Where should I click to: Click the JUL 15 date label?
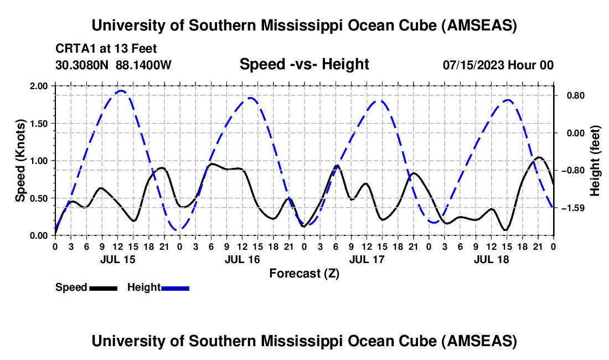[117, 259]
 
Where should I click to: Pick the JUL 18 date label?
[491, 259]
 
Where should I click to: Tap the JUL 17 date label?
[366, 259]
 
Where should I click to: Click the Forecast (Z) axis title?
[304, 273]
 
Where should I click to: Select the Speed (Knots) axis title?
[20, 160]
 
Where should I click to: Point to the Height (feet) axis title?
[595, 160]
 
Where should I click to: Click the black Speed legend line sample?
[102, 287]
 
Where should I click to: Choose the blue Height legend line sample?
[175, 287]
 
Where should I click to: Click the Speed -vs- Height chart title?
[304, 64]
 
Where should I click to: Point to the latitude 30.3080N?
[82, 65]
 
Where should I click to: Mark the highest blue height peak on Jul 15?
[121, 91]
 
